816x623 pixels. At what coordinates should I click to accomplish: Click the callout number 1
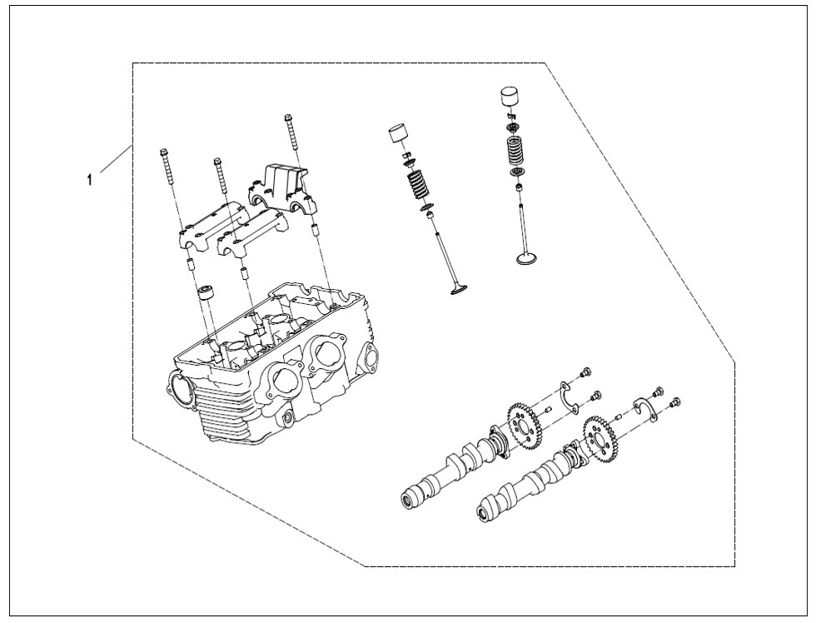(x=89, y=179)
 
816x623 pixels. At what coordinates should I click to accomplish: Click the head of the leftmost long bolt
(x=164, y=153)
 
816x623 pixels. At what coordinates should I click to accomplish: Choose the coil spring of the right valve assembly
(x=518, y=151)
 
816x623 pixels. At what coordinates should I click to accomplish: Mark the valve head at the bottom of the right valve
(x=525, y=259)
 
